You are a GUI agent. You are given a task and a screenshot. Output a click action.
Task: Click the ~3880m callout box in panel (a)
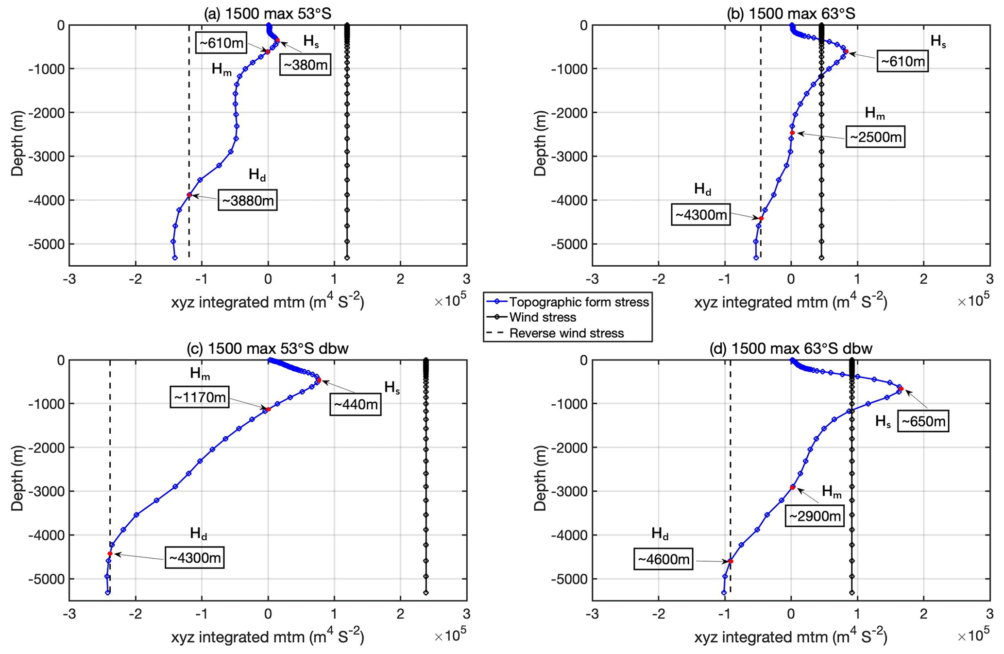[248, 200]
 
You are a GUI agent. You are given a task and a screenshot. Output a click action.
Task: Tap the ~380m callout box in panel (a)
[305, 65]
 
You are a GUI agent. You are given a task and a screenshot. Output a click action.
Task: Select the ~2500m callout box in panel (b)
[876, 137]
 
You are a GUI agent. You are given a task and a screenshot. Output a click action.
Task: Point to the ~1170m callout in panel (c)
[199, 397]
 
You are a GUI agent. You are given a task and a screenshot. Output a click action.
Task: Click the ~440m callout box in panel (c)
[356, 404]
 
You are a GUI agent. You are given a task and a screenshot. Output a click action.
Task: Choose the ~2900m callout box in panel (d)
[815, 516]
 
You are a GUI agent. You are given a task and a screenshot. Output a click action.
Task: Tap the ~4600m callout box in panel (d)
[664, 559]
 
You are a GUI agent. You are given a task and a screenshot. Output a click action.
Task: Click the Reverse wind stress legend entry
[566, 333]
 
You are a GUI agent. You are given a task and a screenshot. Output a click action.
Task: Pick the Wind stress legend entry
[543, 317]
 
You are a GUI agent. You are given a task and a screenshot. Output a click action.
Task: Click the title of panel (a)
[268, 14]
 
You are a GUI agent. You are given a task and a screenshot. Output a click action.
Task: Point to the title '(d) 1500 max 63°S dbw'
[791, 348]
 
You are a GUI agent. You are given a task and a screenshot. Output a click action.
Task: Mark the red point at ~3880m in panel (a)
[189, 195]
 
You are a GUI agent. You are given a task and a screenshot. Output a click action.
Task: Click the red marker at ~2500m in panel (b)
[792, 133]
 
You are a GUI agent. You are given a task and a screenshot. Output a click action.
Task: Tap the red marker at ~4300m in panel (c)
[110, 553]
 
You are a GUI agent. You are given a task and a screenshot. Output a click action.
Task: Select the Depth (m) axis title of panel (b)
[540, 144]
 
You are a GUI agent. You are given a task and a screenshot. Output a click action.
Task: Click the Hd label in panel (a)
[257, 174]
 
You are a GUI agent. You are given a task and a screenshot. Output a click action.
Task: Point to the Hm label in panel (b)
[874, 114]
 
